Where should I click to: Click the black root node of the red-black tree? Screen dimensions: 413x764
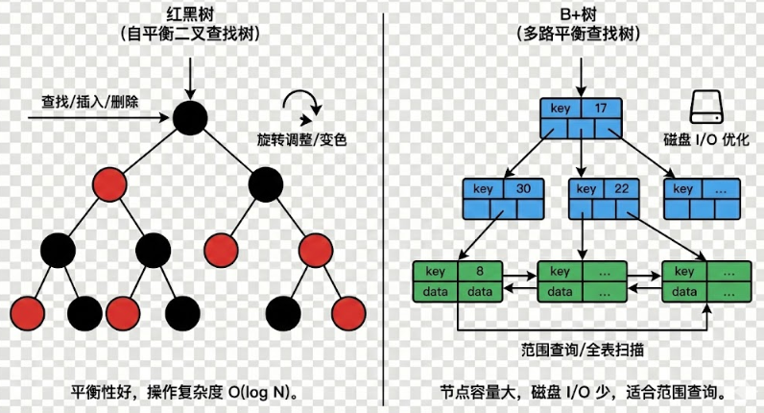pyautogui.click(x=191, y=117)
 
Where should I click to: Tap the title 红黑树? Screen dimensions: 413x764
pyautogui.click(x=193, y=13)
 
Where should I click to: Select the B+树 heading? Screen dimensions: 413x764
pyautogui.click(x=578, y=13)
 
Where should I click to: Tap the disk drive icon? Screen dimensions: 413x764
pyautogui.click(x=707, y=106)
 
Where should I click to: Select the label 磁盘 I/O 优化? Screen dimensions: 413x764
pyautogui.click(x=706, y=139)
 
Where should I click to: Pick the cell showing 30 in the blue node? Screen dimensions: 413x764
pyautogui.click(x=523, y=189)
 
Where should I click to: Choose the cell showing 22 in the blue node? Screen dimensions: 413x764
pyautogui.click(x=621, y=189)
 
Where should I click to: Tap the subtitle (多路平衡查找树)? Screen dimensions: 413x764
pyautogui.click(x=578, y=36)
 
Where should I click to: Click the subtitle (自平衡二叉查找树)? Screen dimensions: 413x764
pyautogui.click(x=193, y=36)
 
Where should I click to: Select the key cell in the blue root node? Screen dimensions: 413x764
pyautogui.click(x=560, y=108)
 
